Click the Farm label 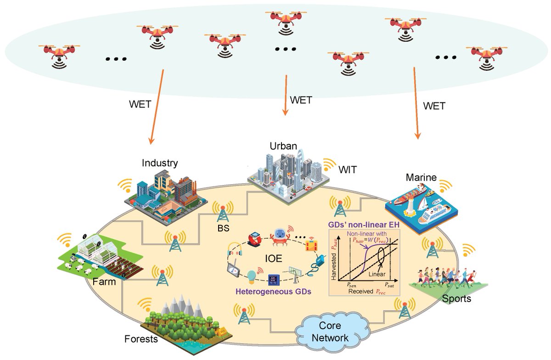(x=104, y=281)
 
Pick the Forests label (x=141, y=340)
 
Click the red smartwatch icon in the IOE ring (x=253, y=238)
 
